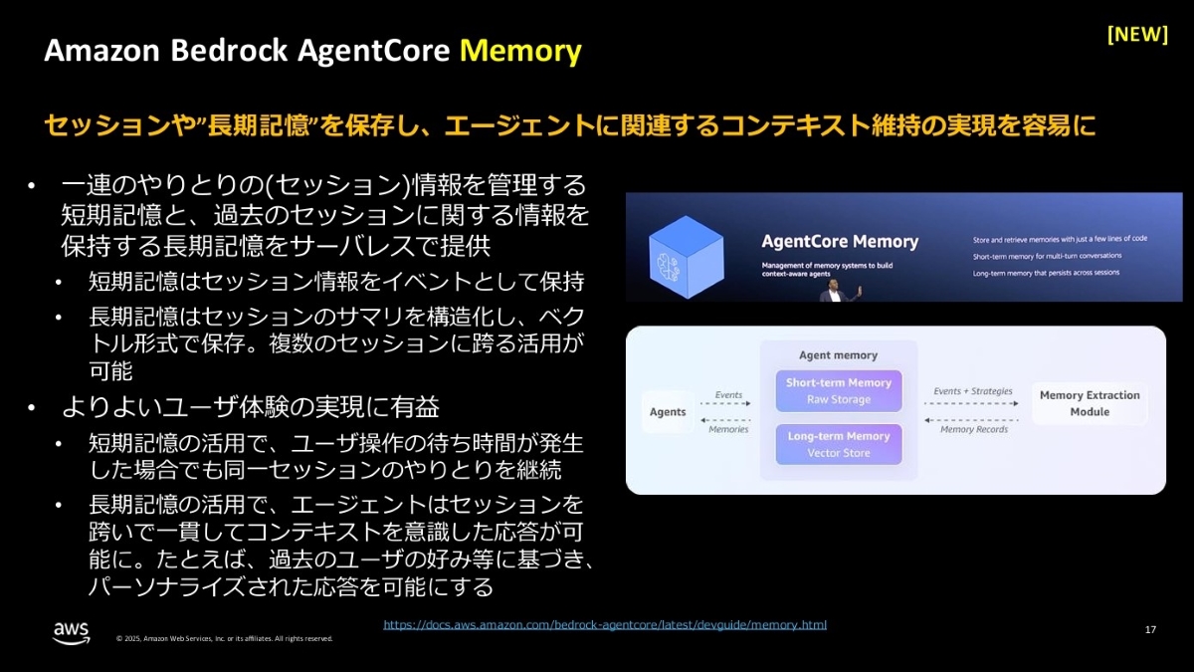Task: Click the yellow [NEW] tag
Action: pos(1137,34)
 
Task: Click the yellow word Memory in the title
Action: pos(520,51)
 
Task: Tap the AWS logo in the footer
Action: pos(72,630)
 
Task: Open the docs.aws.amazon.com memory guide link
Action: pos(605,625)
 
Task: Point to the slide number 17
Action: pos(1150,629)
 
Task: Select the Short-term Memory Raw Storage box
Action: pos(838,391)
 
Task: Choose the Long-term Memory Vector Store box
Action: pos(838,444)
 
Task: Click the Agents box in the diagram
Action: pos(668,412)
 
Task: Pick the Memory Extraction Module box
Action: pos(1090,403)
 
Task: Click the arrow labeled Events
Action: pos(729,403)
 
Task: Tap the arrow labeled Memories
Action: pos(729,421)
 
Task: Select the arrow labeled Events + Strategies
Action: pos(972,403)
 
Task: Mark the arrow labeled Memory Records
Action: pos(972,421)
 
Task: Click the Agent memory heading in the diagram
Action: pos(838,355)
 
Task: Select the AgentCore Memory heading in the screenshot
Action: pos(840,242)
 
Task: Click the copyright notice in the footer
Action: pos(224,638)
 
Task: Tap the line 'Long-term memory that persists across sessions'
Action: pos(1060,271)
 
